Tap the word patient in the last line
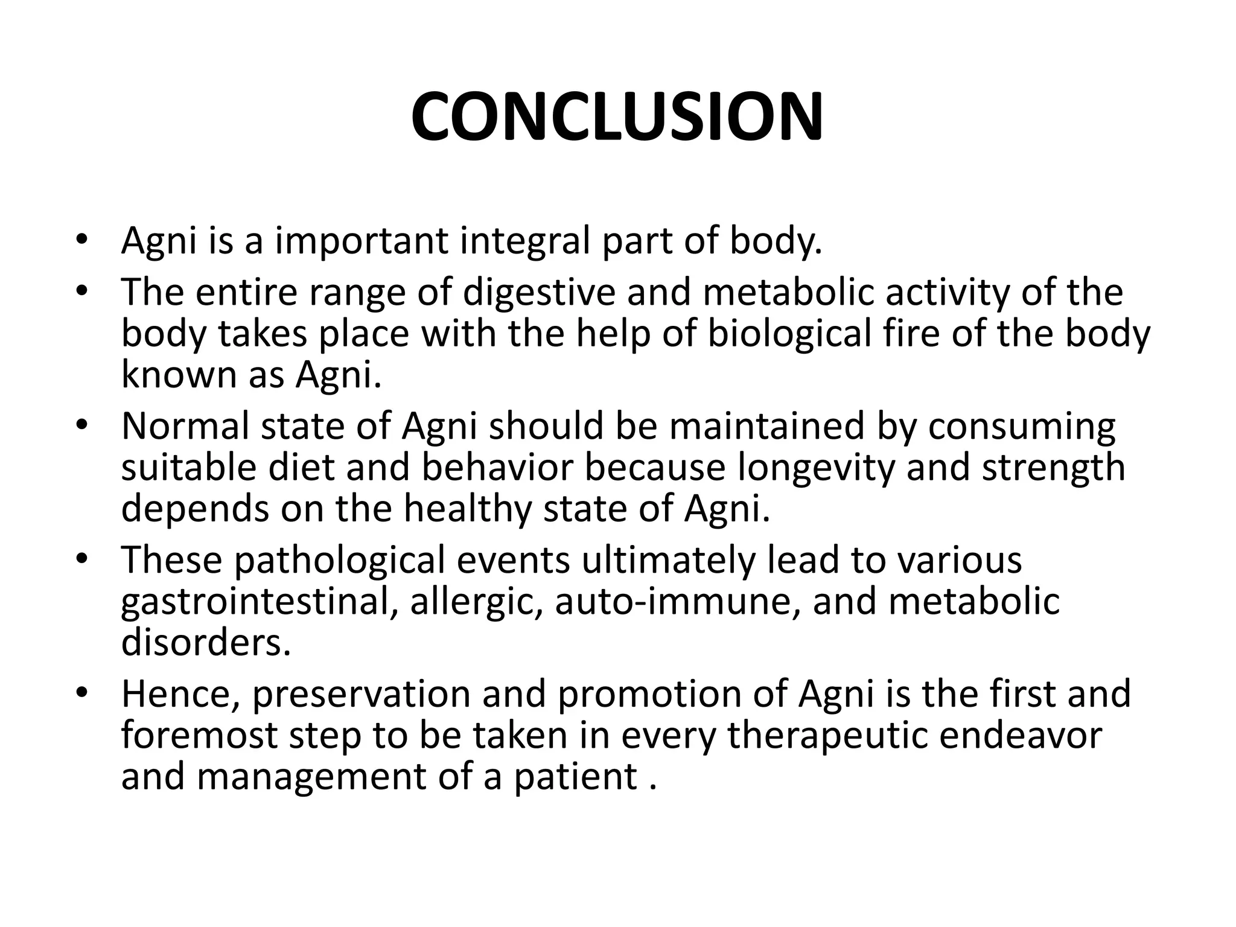click(576, 777)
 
